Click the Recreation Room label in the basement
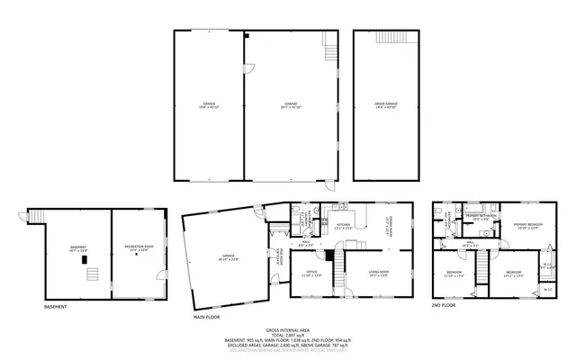pos(136,247)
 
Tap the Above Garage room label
pos(386,104)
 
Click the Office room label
pos(311,272)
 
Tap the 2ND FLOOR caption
pos(444,306)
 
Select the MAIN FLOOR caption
pos(208,316)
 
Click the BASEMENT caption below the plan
pos(56,306)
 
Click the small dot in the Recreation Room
pos(136,256)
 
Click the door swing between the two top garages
pos(247,68)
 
